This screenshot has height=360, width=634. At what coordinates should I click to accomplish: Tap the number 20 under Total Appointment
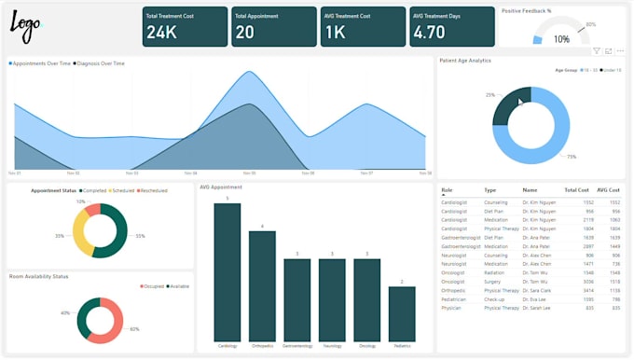pos(245,33)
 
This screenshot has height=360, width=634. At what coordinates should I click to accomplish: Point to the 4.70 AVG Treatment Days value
pos(429,33)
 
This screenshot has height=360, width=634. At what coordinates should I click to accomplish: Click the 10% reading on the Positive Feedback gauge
pos(562,39)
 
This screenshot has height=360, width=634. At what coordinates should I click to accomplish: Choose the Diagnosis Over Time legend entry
pos(98,63)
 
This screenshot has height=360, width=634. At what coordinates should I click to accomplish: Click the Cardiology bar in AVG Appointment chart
pos(227,271)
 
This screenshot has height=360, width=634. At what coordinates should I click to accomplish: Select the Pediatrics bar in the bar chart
pos(402,313)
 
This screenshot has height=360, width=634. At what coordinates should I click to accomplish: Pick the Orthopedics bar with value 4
pos(262,285)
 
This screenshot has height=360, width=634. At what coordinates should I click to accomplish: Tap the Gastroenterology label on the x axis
pos(296,345)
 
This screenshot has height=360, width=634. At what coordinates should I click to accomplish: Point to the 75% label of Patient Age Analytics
pos(572,157)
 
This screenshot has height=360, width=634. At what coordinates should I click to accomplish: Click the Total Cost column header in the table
pos(576,189)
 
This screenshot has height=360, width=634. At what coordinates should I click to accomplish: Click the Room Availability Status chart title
pos(39,276)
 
